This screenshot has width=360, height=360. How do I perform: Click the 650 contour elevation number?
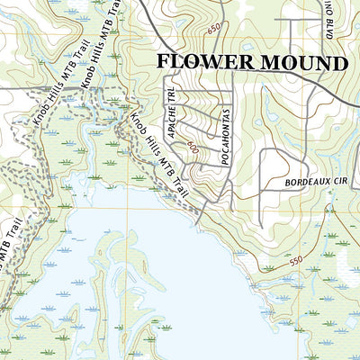pyautogui.click(x=213, y=30)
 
